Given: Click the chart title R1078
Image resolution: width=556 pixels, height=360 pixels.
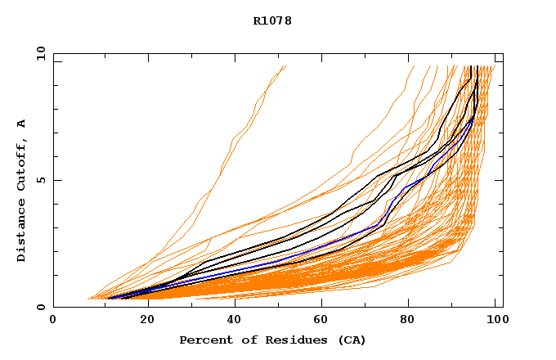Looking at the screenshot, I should point(272,20).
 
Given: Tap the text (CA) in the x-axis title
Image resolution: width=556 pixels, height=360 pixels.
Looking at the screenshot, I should point(352,340).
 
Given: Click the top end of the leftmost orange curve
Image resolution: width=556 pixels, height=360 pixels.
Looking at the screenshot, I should point(287,65).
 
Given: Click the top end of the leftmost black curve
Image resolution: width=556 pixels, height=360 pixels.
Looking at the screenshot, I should point(472,65).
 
